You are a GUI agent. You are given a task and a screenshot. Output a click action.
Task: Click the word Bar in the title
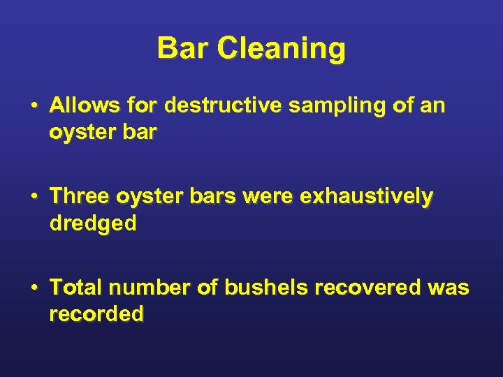tap(182, 49)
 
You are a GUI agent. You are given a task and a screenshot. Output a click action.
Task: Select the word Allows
tap(85, 106)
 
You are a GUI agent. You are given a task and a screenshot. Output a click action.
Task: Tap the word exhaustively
tap(366, 198)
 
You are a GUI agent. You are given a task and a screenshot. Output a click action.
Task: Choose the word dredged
tap(93, 224)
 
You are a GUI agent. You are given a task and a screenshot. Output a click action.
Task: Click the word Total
tap(75, 287)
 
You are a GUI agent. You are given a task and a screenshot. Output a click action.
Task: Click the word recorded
tap(96, 314)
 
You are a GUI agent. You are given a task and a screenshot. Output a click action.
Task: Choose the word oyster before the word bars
tap(151, 198)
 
